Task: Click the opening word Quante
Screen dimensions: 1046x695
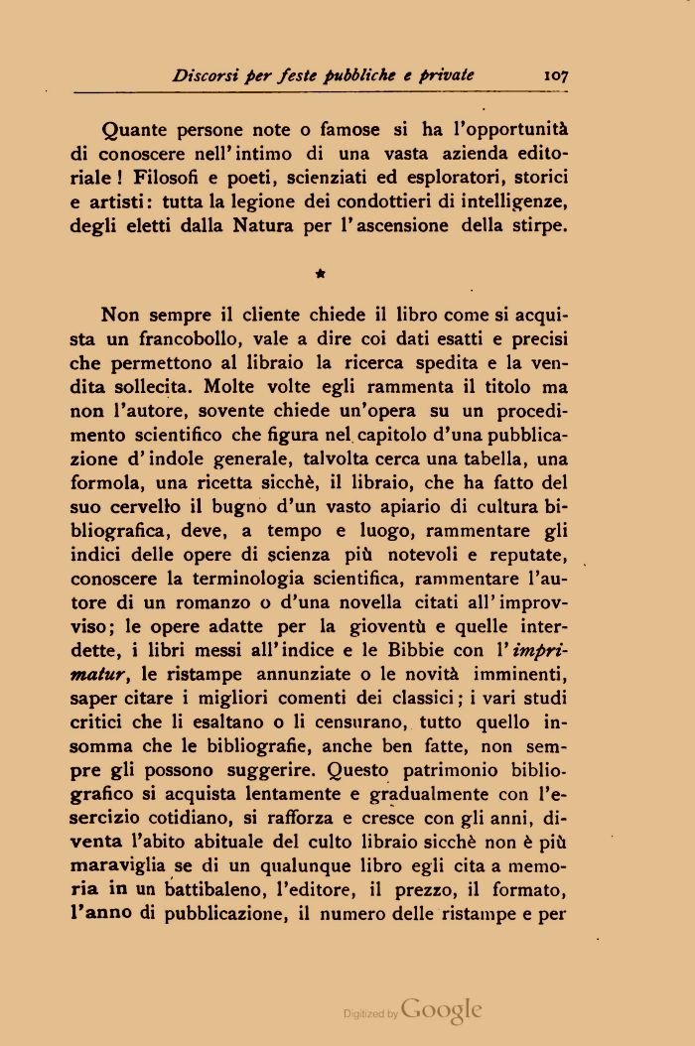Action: coord(136,130)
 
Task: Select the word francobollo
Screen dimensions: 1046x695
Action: coord(194,339)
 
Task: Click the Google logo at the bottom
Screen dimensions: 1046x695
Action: coord(442,1009)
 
